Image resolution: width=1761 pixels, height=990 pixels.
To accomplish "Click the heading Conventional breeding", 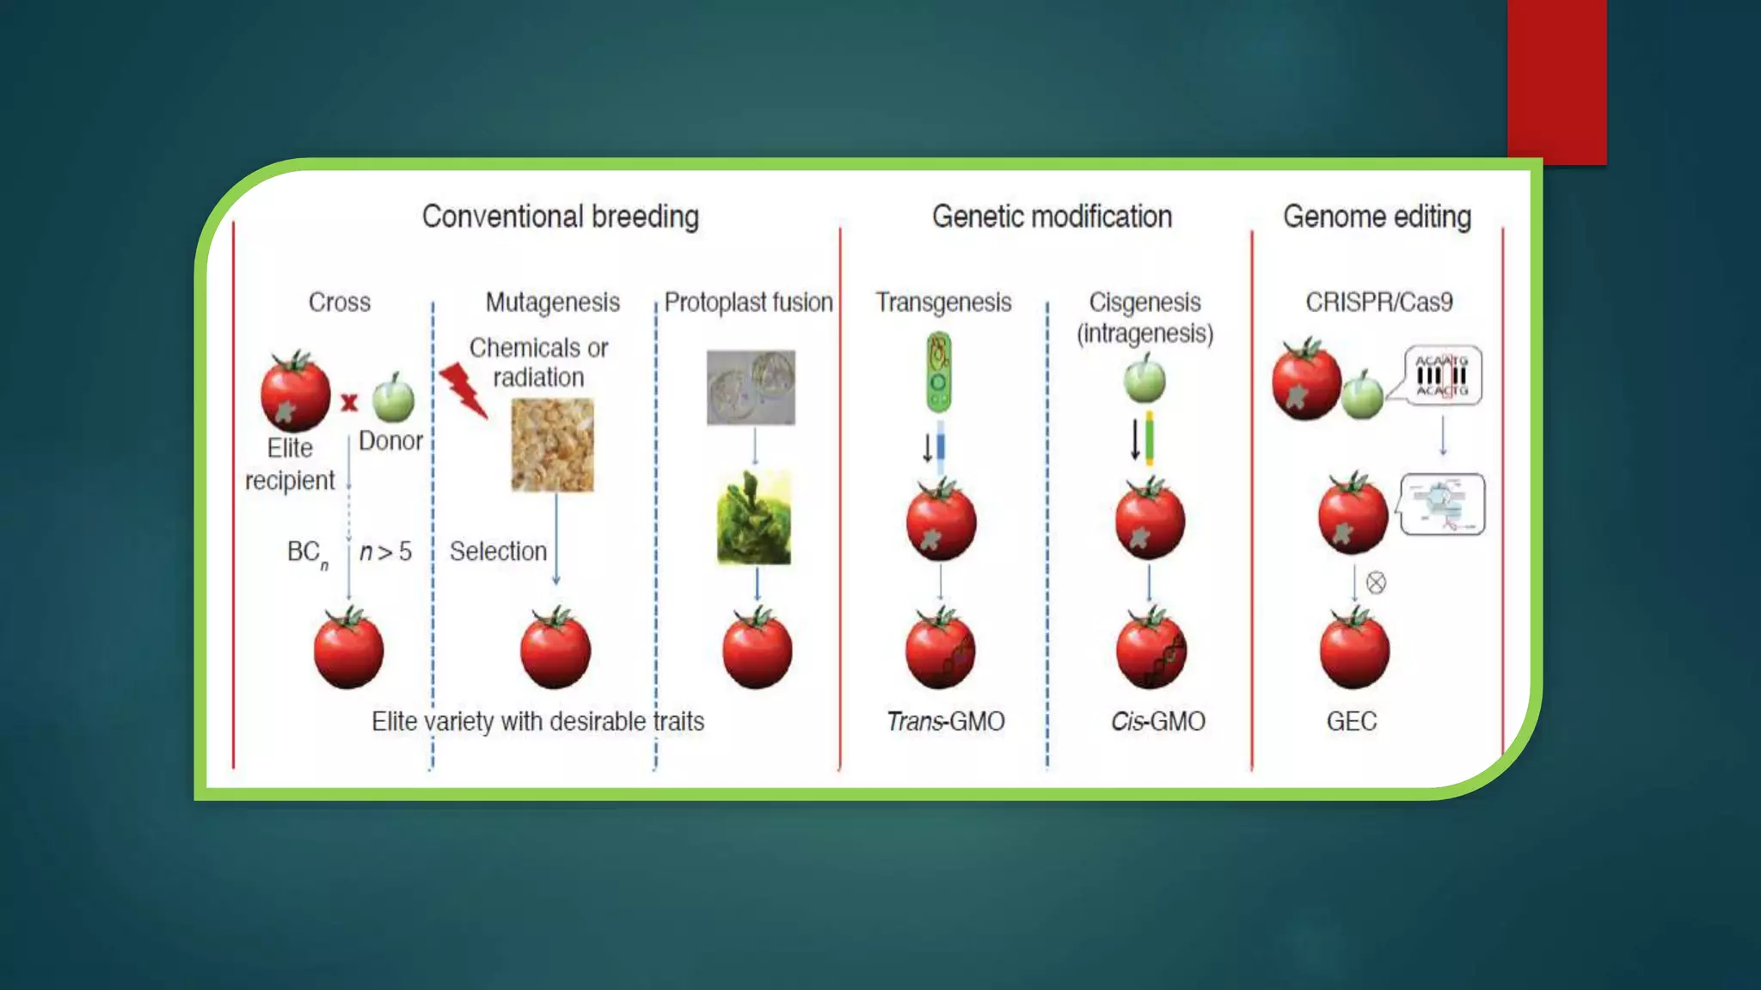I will click(560, 217).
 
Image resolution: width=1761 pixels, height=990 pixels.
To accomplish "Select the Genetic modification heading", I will click(1052, 217).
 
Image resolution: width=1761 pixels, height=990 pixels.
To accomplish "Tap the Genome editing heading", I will click(1377, 217).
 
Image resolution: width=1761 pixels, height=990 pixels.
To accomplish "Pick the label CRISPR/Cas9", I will click(1378, 302).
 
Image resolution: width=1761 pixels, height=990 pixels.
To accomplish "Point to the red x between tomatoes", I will click(349, 402).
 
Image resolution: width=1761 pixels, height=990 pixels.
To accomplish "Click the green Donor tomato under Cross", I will click(394, 399).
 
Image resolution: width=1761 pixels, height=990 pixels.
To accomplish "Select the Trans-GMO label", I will click(946, 721).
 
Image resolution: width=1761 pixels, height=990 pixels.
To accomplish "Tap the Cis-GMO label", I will click(1157, 721).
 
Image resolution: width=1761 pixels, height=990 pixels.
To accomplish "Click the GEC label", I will click(1351, 721).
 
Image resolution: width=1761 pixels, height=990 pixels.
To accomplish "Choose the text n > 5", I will click(385, 552).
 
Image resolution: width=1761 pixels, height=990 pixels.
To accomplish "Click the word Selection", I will click(498, 552).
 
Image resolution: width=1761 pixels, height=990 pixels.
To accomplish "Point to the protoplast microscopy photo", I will click(751, 387).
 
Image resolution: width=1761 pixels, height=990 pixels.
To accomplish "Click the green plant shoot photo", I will click(754, 517).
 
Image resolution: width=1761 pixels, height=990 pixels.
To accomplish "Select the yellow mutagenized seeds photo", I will click(552, 444).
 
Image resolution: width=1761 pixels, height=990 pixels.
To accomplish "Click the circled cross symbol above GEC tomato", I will click(1376, 583).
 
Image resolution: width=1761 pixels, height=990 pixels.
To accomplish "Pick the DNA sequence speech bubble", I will click(1443, 376).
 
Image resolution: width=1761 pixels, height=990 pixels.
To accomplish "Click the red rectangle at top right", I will click(1556, 82).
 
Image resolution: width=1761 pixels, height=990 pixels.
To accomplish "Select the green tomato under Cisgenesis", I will click(1144, 380).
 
